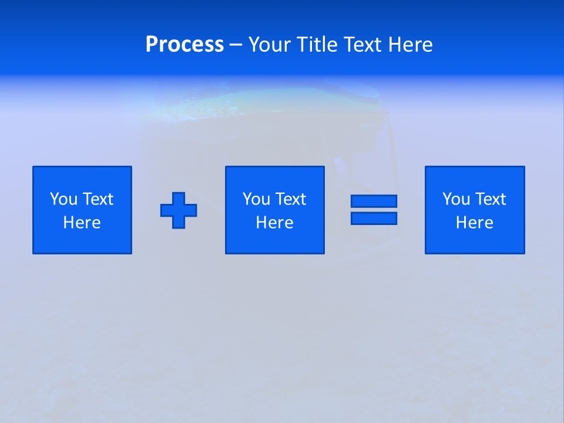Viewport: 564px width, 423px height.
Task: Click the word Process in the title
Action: (184, 45)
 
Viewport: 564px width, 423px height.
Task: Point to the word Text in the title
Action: (364, 45)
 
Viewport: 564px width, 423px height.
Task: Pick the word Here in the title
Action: (411, 45)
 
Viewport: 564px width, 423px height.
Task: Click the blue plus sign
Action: (179, 210)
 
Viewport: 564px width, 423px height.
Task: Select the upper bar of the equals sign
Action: (374, 201)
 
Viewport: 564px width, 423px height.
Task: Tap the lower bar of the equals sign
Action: (374, 218)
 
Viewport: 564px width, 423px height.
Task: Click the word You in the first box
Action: (63, 199)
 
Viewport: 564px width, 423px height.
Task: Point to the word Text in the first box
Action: (98, 199)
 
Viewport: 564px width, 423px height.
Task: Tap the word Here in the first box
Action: (82, 223)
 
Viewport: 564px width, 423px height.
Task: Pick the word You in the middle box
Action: (256, 199)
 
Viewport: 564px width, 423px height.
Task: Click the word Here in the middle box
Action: (275, 223)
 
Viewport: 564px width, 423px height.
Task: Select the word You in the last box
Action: (456, 199)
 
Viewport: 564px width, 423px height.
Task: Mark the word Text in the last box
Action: (490, 199)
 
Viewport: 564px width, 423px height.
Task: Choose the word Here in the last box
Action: (475, 223)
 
